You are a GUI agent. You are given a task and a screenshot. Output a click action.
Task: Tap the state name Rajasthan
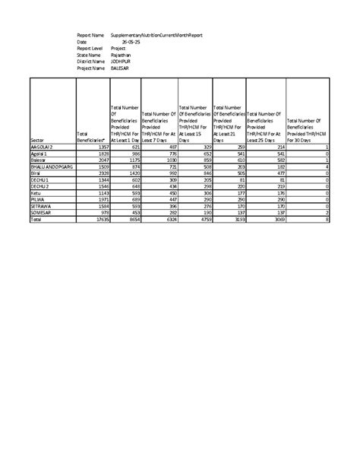point(121,55)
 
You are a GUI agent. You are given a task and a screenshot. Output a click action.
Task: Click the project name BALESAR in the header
point(122,68)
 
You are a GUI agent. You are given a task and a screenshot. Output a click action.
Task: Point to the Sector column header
point(39,141)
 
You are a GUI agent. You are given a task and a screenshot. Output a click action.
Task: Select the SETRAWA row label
point(42,206)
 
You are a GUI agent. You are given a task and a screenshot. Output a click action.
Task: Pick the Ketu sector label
point(36,193)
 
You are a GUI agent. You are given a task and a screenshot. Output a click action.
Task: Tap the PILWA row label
point(38,199)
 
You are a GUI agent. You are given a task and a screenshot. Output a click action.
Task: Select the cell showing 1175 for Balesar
point(134,160)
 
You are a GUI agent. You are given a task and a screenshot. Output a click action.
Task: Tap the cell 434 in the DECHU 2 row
point(169,186)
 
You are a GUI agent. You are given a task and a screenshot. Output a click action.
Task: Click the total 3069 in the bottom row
point(276,219)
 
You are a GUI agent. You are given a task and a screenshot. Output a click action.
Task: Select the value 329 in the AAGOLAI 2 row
point(204,147)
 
